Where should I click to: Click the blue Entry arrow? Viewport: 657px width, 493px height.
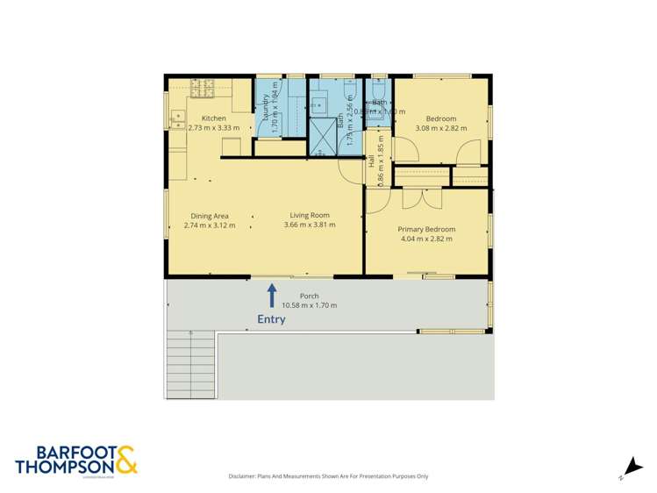tap(272, 294)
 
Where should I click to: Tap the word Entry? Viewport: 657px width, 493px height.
tap(271, 319)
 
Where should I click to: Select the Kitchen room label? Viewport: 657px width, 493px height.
tap(214, 118)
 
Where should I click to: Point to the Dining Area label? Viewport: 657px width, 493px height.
tap(210, 215)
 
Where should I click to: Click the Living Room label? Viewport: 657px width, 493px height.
tap(310, 215)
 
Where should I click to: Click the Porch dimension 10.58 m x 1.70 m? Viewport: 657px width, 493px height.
tap(310, 305)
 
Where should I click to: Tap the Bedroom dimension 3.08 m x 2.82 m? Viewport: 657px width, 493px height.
tap(440, 128)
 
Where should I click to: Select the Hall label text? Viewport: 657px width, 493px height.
tap(372, 162)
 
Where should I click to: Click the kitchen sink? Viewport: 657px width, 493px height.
tap(176, 114)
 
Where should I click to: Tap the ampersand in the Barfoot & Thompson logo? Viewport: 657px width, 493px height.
tap(125, 458)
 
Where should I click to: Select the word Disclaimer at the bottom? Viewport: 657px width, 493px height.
tap(246, 476)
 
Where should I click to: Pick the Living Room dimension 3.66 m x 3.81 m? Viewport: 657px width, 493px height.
tap(310, 225)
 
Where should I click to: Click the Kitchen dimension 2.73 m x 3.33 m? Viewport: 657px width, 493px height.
tap(214, 128)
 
